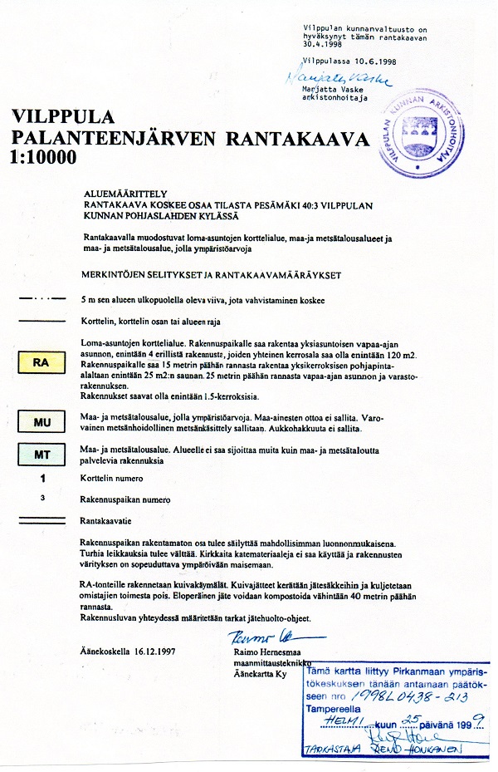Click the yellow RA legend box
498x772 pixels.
41,363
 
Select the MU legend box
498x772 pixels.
41,423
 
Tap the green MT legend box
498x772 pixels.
41,455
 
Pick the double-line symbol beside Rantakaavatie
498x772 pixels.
41,520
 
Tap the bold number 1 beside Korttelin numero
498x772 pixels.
41,479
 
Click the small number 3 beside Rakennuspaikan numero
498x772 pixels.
41,499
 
